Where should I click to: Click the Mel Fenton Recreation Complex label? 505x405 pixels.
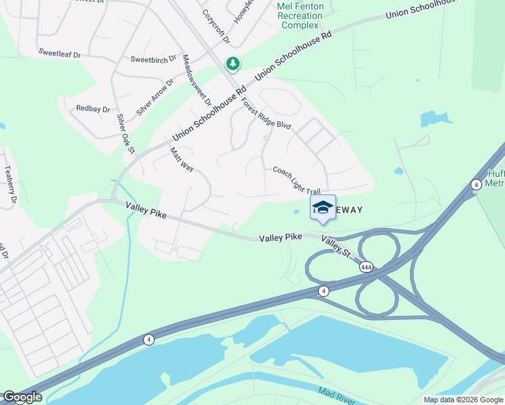click(x=300, y=16)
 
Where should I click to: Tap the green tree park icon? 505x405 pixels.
click(x=233, y=64)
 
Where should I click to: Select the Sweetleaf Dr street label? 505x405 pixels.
click(x=59, y=51)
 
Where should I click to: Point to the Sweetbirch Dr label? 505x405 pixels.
click(x=153, y=59)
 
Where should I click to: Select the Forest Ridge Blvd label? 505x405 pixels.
click(x=265, y=112)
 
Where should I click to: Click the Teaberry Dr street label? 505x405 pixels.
click(x=9, y=184)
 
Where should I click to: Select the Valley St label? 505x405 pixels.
click(x=336, y=247)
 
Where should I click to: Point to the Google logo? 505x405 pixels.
click(x=22, y=398)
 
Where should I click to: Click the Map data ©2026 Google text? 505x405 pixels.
click(x=463, y=400)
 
